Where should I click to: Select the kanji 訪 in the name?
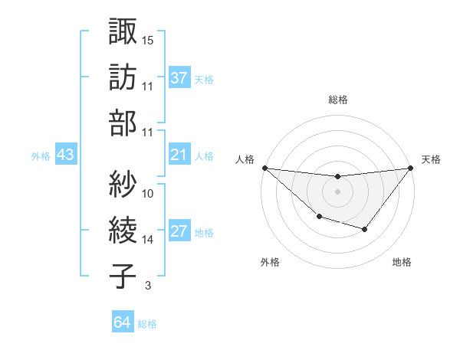(x=123, y=77)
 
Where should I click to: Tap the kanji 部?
(x=123, y=123)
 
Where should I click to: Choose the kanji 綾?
(x=123, y=230)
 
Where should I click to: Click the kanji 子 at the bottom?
(x=123, y=276)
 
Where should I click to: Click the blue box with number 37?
(x=179, y=77)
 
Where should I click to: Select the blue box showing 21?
(x=179, y=155)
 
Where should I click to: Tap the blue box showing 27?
(x=179, y=232)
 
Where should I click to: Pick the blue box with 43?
(x=66, y=155)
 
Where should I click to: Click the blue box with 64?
(x=123, y=322)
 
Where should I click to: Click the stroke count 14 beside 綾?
(x=148, y=240)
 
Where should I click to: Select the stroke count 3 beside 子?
(x=147, y=286)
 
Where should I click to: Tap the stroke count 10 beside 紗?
(x=148, y=193)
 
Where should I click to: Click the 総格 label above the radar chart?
(x=337, y=100)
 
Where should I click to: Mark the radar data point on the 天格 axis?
(x=411, y=168)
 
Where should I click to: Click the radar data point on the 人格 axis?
(x=264, y=168)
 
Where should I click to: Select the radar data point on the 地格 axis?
(x=365, y=229)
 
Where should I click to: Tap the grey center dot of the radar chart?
(x=337, y=191)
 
